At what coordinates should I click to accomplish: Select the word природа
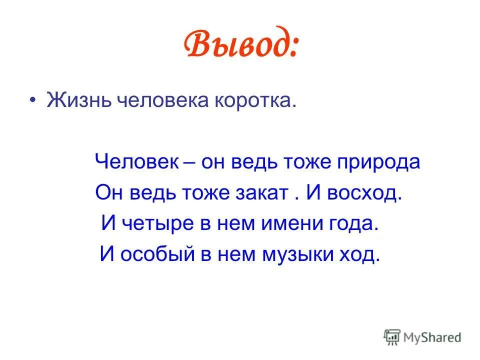(x=379, y=163)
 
